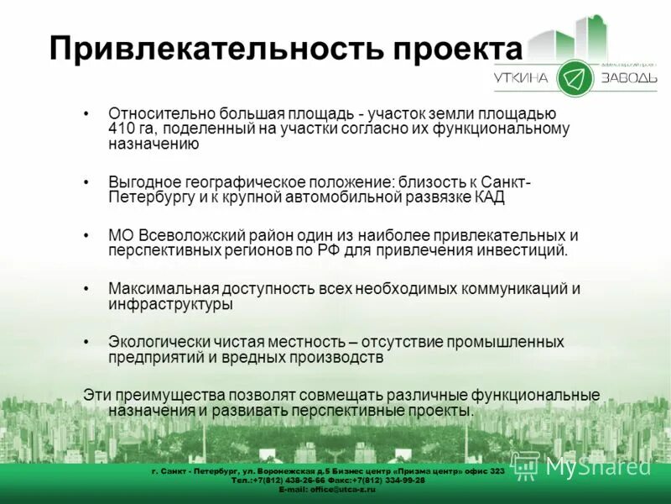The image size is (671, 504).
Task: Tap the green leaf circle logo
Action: (575, 78)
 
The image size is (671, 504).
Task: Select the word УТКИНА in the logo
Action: (521, 78)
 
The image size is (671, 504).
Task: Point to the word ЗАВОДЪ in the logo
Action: (628, 78)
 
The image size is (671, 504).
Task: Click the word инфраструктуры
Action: (170, 304)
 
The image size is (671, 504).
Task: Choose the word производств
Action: (343, 357)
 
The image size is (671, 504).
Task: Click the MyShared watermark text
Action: (597, 467)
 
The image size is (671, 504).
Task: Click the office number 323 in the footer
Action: (496, 471)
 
